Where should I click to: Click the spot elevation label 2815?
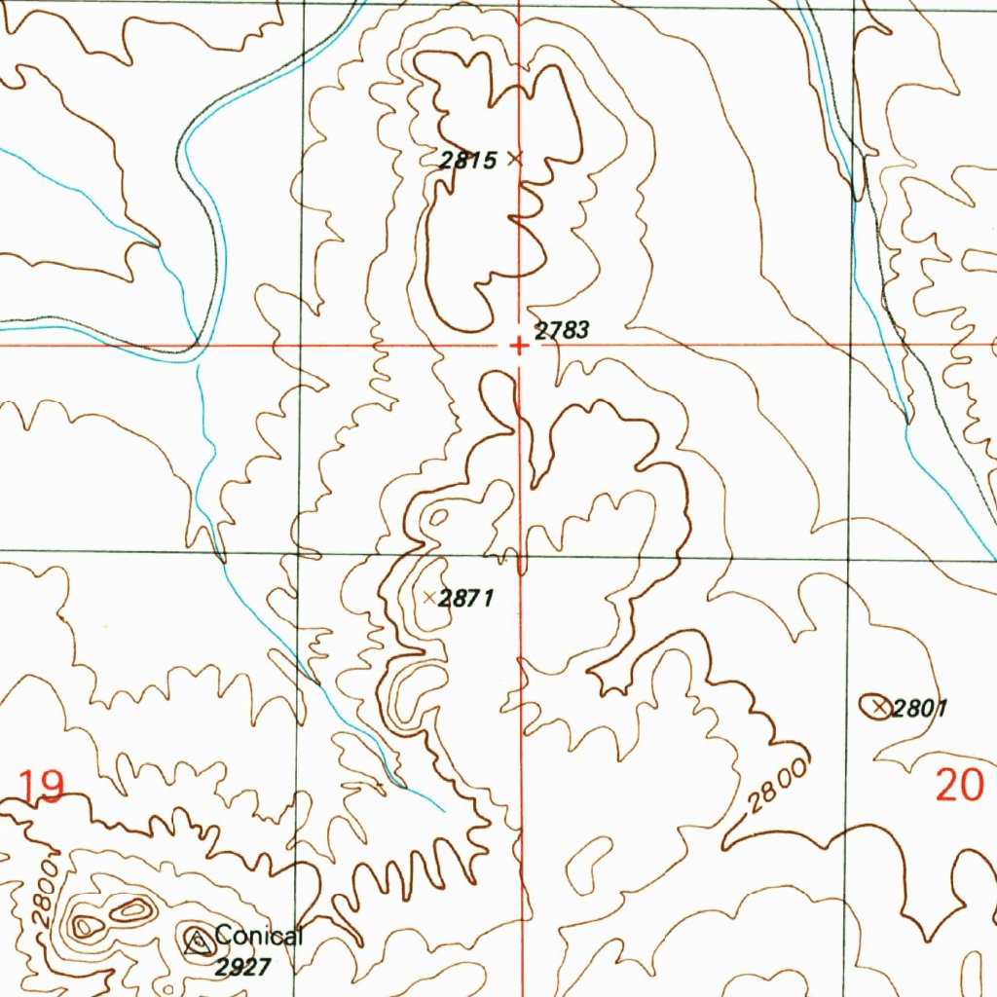point(468,161)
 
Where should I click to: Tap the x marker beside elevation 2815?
point(515,158)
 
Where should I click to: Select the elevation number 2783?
point(562,331)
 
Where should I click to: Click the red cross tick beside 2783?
point(519,346)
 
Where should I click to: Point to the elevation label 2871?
point(466,599)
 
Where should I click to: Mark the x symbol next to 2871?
point(429,597)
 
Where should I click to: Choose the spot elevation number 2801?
point(920,708)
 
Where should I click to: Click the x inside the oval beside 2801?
point(880,706)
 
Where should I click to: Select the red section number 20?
point(959,785)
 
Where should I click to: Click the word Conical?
point(259,937)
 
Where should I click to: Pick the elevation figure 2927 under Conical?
point(241,966)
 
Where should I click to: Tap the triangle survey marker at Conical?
point(198,941)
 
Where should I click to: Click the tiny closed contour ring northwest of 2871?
point(437,516)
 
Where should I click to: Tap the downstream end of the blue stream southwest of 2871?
point(443,810)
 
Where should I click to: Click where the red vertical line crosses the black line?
point(521,558)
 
